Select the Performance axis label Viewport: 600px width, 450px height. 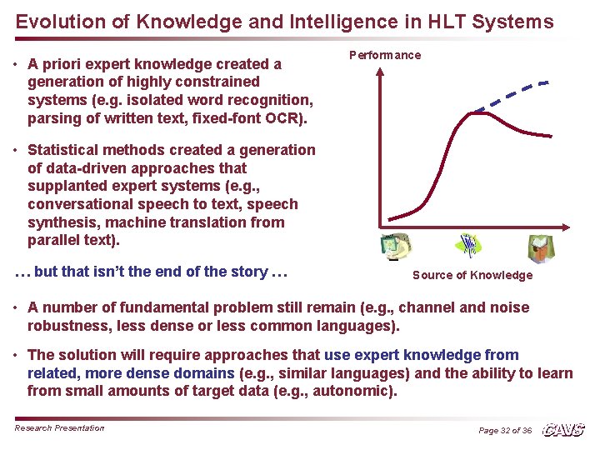click(x=384, y=55)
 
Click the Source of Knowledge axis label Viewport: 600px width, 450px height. click(x=472, y=275)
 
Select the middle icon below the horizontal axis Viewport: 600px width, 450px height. click(x=470, y=245)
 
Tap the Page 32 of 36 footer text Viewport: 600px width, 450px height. click(x=505, y=430)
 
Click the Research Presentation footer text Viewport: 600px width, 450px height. click(x=60, y=427)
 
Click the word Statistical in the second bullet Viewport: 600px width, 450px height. click(x=62, y=150)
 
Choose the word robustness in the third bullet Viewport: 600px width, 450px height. click(x=64, y=325)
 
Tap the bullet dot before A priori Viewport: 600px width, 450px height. click(x=17, y=64)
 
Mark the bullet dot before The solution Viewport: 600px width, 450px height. click(x=17, y=355)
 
